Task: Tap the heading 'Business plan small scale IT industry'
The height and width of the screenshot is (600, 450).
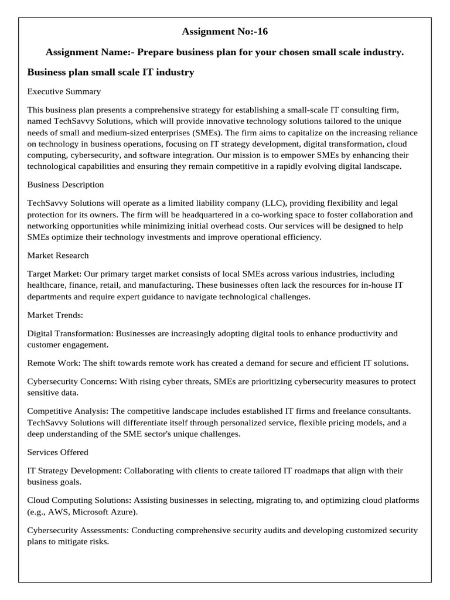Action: click(x=111, y=72)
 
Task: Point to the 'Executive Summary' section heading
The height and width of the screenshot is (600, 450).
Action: click(x=64, y=91)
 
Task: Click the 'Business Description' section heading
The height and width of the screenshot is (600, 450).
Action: click(x=66, y=185)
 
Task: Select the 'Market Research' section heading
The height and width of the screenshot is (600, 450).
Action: click(x=58, y=255)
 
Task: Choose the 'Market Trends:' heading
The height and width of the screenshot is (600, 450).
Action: click(x=56, y=315)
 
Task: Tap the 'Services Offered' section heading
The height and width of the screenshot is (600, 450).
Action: click(x=58, y=452)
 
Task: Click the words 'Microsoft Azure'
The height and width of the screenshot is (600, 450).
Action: click(x=106, y=512)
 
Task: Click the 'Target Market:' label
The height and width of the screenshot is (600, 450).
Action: click(x=54, y=274)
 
